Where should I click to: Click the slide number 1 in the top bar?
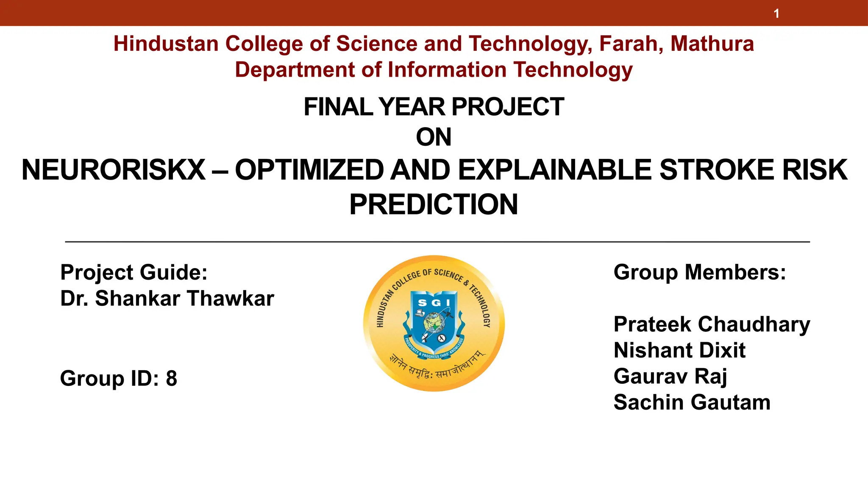[776, 14]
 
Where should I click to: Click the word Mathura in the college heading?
[712, 44]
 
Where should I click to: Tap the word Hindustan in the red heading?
[166, 44]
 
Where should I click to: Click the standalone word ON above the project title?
[434, 137]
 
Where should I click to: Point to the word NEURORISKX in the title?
[114, 170]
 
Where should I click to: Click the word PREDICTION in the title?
[434, 205]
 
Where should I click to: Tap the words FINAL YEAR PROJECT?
[434, 107]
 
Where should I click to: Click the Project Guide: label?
[134, 272]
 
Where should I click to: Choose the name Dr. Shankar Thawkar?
[167, 299]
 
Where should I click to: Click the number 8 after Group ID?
[171, 378]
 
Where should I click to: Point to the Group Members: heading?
[699, 272]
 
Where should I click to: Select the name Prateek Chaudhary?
[712, 325]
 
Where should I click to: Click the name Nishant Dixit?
[679, 351]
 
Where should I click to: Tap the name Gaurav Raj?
[670, 377]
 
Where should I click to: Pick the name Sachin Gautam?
[692, 402]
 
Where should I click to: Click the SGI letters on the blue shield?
[434, 302]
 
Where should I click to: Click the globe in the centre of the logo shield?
[433, 323]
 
